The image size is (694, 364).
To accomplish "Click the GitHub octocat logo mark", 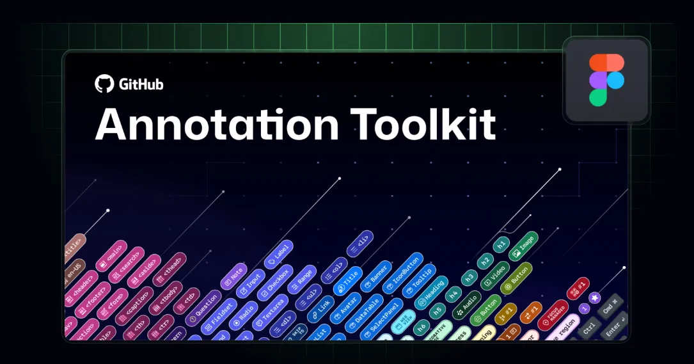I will tap(104, 84).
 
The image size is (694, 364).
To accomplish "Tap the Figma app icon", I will tap(606, 80).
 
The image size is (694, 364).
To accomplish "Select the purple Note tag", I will tap(233, 276).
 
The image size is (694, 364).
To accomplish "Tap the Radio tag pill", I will tap(244, 312).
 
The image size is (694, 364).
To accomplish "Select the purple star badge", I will tap(594, 297).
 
